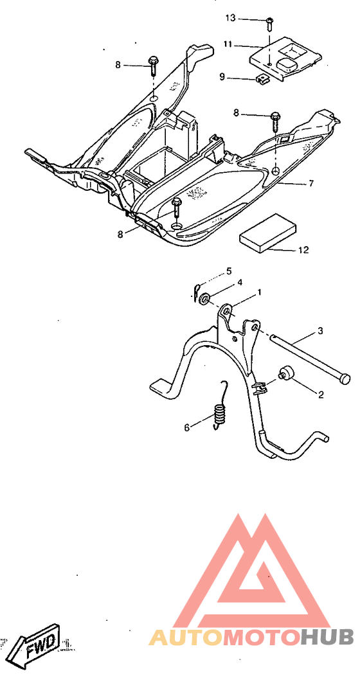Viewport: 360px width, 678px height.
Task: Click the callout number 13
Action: [230, 18]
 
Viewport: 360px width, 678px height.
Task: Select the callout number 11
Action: [228, 44]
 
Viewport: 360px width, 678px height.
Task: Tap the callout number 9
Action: [222, 77]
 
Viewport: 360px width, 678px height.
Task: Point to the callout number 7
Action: [311, 183]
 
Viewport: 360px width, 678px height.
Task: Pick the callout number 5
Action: [229, 271]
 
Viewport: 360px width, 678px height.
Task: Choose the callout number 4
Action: [239, 282]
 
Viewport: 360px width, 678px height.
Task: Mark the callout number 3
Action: [320, 331]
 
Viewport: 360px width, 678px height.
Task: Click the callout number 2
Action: [321, 394]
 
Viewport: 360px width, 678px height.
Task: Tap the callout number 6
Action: [187, 427]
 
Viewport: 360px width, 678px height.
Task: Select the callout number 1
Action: [259, 292]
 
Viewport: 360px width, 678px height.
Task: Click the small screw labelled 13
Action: [269, 23]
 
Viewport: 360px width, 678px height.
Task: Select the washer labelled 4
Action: [204, 298]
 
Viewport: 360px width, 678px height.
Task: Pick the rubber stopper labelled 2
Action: [287, 373]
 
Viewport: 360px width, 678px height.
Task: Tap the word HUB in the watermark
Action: [327, 637]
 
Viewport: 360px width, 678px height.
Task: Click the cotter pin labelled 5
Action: [195, 290]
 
